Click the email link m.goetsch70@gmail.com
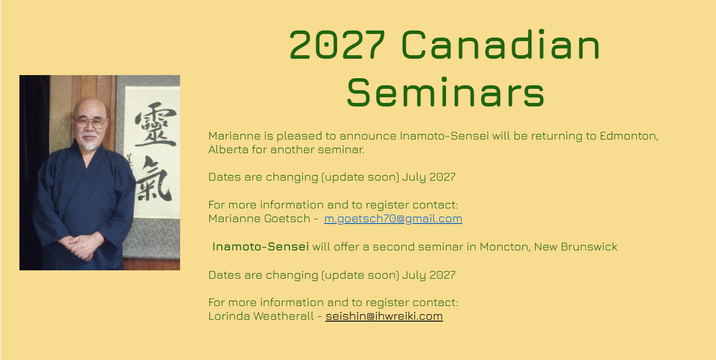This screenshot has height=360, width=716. (393, 219)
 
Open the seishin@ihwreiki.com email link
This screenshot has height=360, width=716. (384, 316)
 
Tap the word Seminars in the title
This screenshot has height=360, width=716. (445, 92)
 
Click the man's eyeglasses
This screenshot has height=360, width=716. (90, 122)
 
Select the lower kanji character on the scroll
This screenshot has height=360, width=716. (153, 178)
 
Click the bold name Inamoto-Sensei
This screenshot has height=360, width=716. (260, 247)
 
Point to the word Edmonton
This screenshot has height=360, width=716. (629, 136)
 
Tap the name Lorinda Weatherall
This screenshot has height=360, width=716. (261, 316)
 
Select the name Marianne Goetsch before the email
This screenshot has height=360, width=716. (259, 219)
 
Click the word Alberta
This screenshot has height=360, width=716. (228, 150)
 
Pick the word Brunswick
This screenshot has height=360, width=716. (589, 247)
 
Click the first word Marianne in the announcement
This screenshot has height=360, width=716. (234, 136)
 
